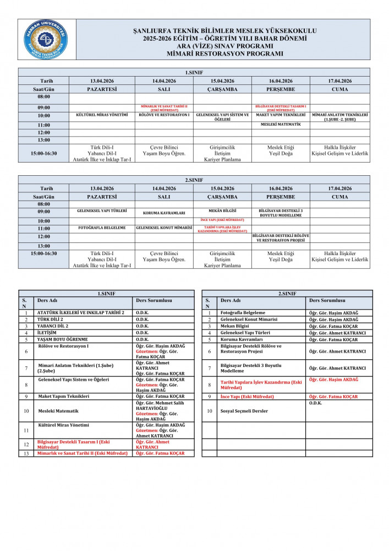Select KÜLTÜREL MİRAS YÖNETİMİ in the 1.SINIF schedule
tap(102, 115)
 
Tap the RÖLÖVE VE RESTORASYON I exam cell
tap(164, 115)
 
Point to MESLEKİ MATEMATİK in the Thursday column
tap(281, 125)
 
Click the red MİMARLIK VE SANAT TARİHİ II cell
tap(164, 107)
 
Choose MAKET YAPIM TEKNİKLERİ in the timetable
tap(281, 115)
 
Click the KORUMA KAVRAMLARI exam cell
tap(164, 212)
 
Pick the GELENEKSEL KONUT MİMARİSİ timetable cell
tap(164, 228)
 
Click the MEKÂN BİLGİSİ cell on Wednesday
tap(222, 210)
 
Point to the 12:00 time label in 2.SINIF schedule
tap(43, 236)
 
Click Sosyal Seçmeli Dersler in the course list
tap(244, 411)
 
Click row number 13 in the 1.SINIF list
tap(26, 453)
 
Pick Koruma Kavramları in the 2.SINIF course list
tap(242, 339)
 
